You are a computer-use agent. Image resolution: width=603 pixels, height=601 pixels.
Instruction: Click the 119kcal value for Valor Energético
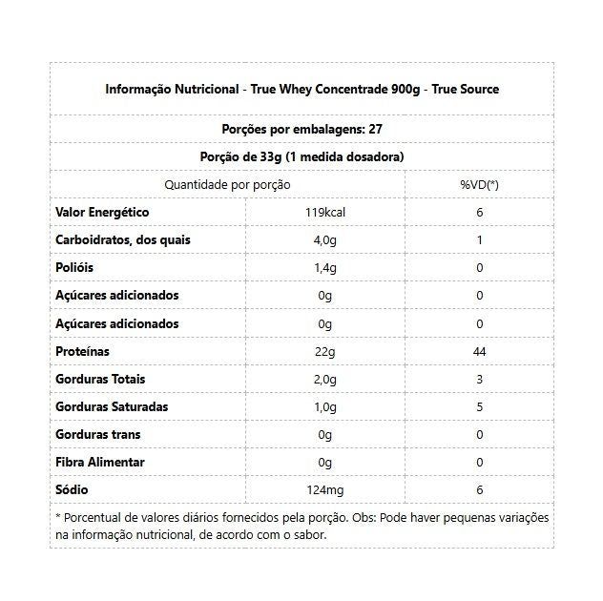click(x=324, y=212)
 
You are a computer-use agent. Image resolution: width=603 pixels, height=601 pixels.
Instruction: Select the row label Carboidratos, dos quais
click(x=123, y=239)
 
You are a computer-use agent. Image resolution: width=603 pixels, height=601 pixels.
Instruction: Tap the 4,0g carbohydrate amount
click(x=324, y=239)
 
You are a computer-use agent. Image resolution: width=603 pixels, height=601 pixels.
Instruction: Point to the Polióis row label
click(x=74, y=267)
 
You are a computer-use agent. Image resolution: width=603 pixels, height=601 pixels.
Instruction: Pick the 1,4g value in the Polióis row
click(x=324, y=267)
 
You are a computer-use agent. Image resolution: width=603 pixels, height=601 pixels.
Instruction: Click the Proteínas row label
click(x=83, y=351)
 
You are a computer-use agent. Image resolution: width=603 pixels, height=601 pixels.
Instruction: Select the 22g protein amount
click(x=324, y=351)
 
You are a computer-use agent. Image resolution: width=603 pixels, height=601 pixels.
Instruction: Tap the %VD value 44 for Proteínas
click(x=479, y=351)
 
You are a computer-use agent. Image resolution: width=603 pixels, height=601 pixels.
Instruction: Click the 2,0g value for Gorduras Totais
click(x=324, y=379)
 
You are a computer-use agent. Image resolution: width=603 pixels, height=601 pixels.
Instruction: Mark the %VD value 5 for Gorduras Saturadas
click(x=479, y=406)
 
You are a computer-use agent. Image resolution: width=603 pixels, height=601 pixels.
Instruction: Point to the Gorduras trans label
click(x=98, y=434)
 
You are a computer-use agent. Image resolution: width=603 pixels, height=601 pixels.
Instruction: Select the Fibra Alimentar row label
click(x=100, y=462)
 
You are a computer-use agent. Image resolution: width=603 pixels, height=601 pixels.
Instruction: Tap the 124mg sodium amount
click(x=324, y=489)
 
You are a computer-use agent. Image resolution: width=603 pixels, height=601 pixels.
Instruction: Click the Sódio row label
click(x=73, y=489)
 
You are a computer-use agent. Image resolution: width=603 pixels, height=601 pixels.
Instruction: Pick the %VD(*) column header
click(x=479, y=184)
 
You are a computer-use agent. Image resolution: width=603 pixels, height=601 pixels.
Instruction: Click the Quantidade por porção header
click(x=227, y=184)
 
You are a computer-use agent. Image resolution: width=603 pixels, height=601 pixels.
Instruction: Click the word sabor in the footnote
click(x=308, y=535)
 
